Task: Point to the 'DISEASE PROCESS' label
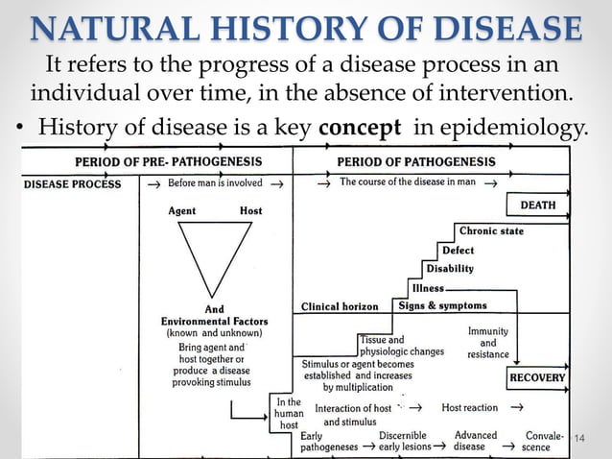pyautogui.click(x=73, y=182)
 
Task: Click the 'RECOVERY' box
pyautogui.click(x=537, y=377)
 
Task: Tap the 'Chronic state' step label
pyautogui.click(x=491, y=231)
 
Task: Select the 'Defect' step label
pyautogui.click(x=458, y=251)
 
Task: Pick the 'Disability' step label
pyautogui.click(x=449, y=269)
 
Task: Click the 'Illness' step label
pyautogui.click(x=428, y=288)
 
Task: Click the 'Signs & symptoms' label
pyautogui.click(x=442, y=306)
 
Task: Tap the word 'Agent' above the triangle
pyautogui.click(x=183, y=210)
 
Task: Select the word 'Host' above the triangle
pyautogui.click(x=250, y=210)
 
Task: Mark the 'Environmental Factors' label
pyautogui.click(x=215, y=321)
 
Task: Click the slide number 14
pyautogui.click(x=578, y=439)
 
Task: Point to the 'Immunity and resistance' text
pyautogui.click(x=488, y=342)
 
